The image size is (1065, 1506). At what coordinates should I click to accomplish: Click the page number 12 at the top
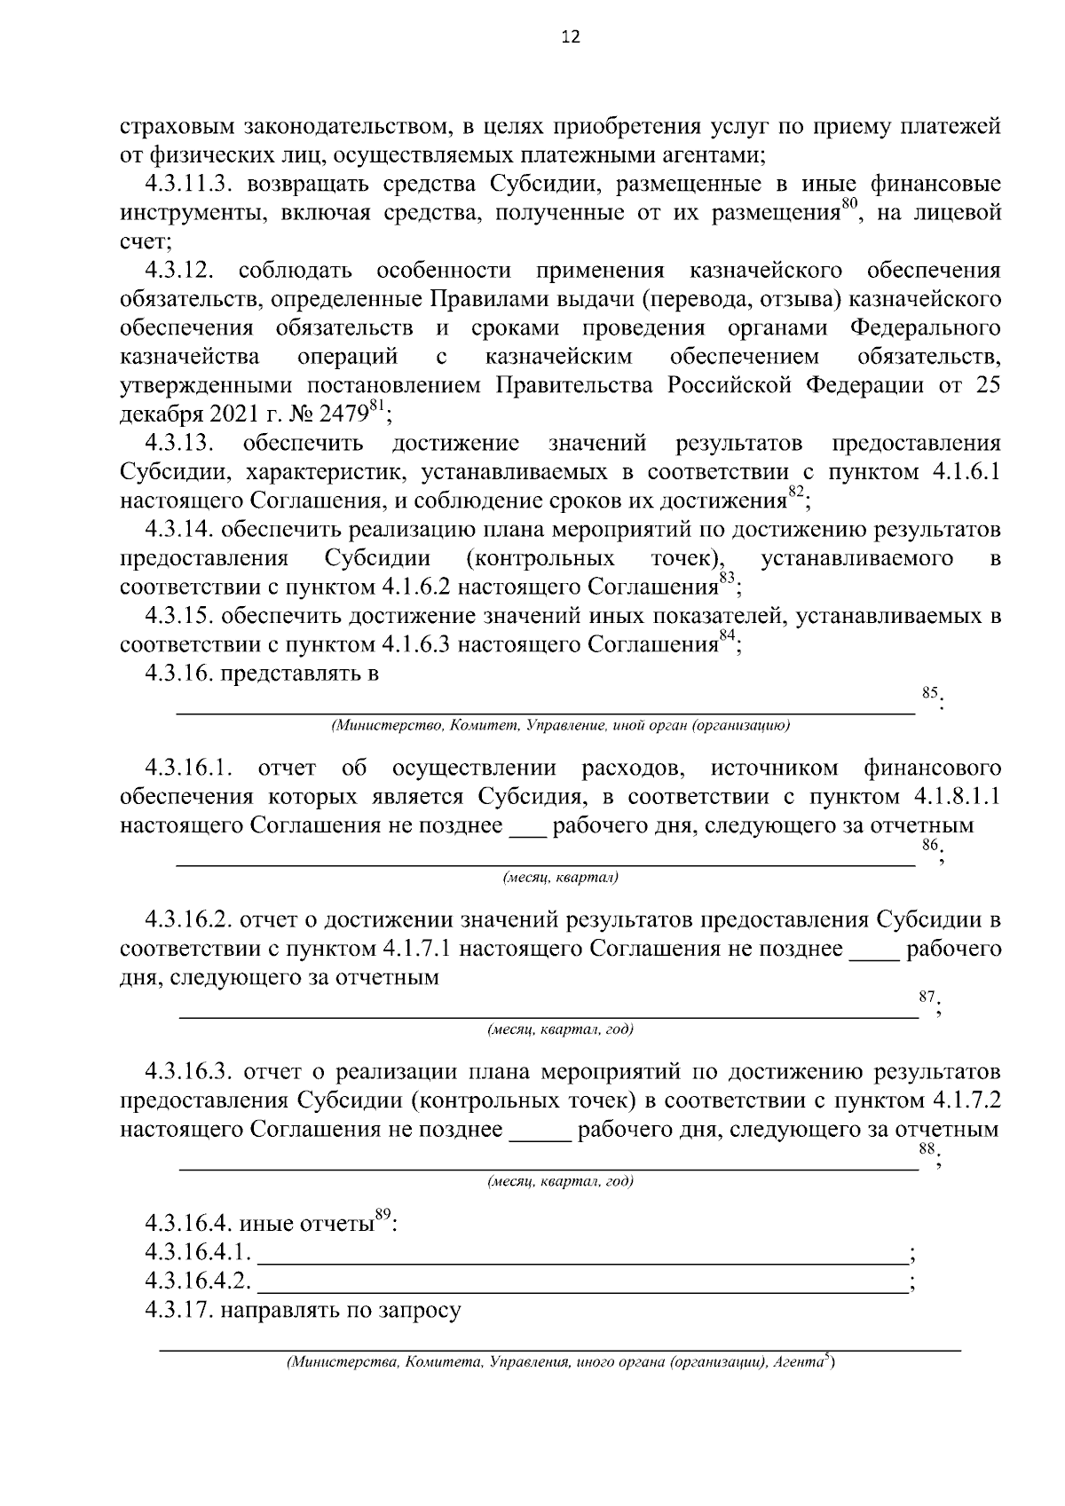[570, 37]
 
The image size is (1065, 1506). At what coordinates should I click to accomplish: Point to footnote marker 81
[377, 407]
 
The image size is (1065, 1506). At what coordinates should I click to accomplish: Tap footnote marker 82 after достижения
[796, 493]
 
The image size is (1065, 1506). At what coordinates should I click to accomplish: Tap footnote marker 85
[929, 692]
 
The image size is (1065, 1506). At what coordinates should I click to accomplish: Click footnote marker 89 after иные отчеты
[383, 1216]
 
